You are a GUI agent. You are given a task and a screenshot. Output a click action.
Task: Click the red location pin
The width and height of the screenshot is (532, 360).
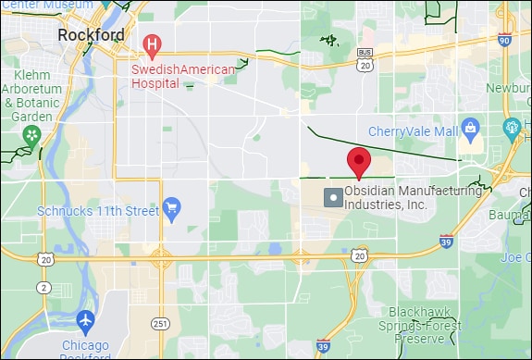pos(359,161)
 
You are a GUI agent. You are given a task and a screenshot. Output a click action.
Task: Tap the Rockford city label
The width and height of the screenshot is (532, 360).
pos(91,35)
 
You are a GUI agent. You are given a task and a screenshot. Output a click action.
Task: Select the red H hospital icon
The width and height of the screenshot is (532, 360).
pos(153,43)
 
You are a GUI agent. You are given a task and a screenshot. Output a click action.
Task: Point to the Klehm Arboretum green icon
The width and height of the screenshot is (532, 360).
pos(32,136)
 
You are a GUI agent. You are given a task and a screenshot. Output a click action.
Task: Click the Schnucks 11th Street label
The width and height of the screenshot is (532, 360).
pos(98,211)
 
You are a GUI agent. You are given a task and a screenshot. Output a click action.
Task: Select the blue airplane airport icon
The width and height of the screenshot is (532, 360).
pos(86,320)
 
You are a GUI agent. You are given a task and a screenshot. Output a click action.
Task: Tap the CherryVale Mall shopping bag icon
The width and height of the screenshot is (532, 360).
pos(470,126)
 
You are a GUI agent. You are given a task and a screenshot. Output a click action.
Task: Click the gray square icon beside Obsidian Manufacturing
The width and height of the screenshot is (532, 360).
pos(331,197)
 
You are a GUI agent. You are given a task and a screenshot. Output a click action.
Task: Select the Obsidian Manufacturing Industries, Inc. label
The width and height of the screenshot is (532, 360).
pos(413,197)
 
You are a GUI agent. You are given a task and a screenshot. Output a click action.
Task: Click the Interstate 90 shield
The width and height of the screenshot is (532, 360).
pos(504,40)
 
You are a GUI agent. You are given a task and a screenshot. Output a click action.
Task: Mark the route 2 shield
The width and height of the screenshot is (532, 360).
pos(44,287)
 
